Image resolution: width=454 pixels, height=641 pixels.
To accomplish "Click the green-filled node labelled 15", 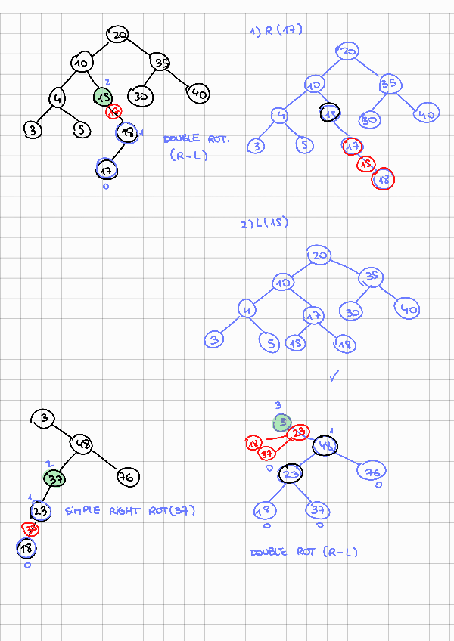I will pos(104,96).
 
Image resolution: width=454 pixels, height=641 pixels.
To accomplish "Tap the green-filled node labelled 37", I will pos(54,478).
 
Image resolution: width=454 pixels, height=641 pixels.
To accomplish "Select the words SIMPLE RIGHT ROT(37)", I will pos(130,511).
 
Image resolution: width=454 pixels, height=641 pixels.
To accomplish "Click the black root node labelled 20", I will pos(118,35).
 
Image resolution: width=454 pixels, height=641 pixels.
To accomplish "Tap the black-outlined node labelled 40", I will pos(198,94).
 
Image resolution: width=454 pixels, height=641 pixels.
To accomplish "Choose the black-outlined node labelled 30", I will pos(141,95).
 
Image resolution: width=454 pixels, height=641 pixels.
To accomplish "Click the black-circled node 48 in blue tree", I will pos(326,446).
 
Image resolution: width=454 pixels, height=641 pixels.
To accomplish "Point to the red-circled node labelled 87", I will pos(267,453).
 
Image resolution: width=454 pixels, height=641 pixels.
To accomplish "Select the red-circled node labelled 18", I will pos(384,179).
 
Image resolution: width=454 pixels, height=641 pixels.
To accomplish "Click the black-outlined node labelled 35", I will pos(161,62).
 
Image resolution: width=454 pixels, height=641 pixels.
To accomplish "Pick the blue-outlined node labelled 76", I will pos(371,472).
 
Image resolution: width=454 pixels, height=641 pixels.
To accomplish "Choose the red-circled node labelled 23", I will pos(299,432).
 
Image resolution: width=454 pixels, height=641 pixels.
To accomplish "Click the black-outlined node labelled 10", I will pos(82,63).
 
